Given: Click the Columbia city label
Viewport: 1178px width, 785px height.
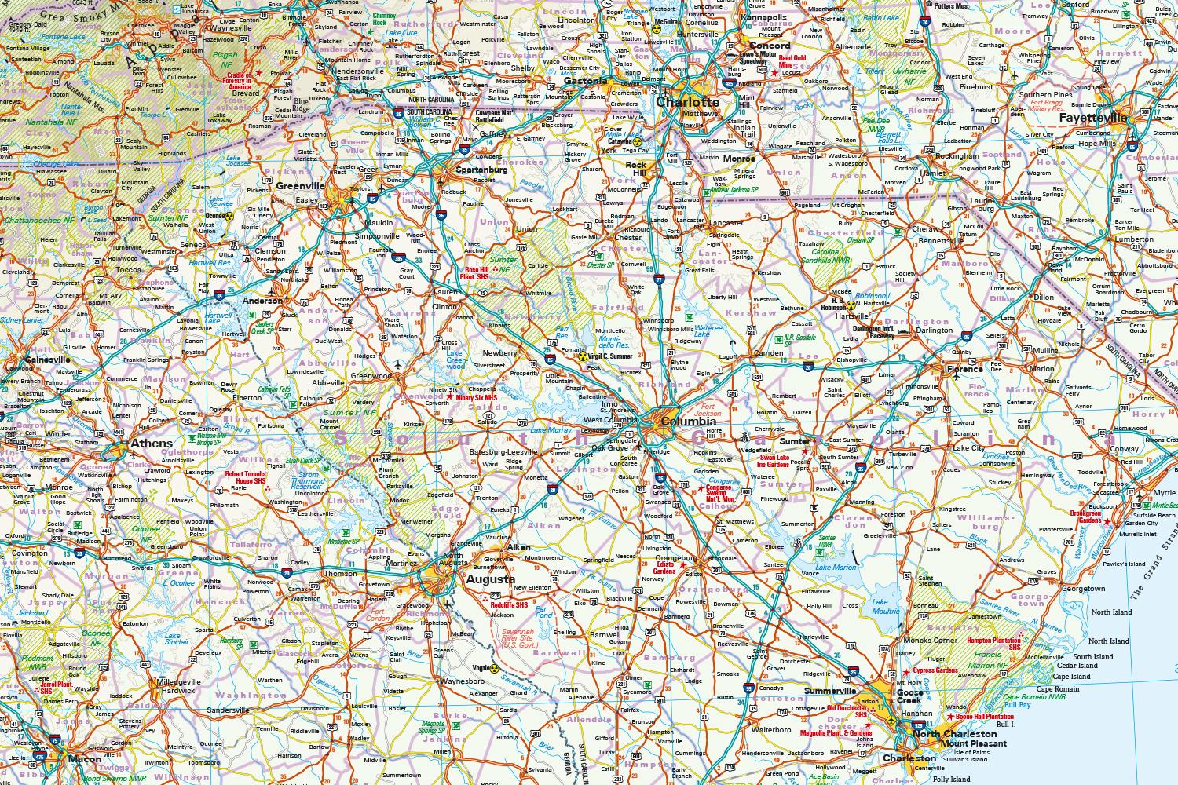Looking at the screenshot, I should click(688, 422).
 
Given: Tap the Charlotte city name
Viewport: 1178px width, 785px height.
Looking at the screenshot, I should click(687, 102).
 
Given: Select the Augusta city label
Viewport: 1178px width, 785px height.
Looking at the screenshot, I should click(490, 580).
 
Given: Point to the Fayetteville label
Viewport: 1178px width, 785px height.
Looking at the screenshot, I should click(1092, 119).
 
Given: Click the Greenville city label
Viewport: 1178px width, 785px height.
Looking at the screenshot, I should click(300, 186).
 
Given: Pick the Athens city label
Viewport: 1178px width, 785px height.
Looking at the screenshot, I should click(151, 444).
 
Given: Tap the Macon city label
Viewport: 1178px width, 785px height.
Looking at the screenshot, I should click(85, 759).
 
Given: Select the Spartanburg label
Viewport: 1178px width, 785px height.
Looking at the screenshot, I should click(481, 170).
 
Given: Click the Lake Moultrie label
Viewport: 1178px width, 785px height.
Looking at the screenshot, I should click(886, 605).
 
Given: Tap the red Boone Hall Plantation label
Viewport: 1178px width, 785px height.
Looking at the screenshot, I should click(985, 717).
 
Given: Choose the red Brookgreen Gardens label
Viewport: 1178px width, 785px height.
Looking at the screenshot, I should click(1086, 516).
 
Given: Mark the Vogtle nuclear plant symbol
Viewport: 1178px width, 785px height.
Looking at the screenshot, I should click(495, 669).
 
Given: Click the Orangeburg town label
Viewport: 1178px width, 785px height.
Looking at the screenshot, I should click(653, 559).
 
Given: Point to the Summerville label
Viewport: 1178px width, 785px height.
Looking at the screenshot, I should click(829, 691).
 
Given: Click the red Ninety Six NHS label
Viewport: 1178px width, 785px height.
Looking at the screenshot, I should click(477, 397).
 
